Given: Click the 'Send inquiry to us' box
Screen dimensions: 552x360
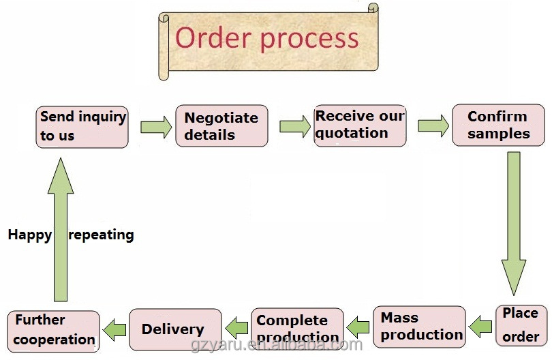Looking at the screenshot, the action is (82, 127).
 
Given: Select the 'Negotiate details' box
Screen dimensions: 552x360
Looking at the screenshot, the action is (221, 125).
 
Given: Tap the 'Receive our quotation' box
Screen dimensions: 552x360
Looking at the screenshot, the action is (360, 125).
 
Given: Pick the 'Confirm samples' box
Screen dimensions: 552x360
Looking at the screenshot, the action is (498, 125).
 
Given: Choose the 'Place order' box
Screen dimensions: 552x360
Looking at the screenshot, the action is (521, 326).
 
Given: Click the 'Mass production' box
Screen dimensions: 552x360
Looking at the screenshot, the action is (419, 327).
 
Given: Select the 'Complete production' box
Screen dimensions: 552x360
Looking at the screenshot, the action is (298, 329).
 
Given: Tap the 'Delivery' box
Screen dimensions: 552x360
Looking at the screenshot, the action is (176, 330).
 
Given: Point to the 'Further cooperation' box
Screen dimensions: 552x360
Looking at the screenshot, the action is (54, 331).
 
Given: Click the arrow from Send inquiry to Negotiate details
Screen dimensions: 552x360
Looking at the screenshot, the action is (156, 127).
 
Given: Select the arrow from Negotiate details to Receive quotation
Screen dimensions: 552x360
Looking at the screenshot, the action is (295, 126).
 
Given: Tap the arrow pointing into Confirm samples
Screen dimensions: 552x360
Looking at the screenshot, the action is (433, 125).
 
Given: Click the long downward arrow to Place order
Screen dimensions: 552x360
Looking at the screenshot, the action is (514, 224).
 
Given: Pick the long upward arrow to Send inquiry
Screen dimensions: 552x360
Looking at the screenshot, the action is (61, 230).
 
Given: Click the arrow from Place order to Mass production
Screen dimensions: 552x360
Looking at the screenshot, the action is (480, 327).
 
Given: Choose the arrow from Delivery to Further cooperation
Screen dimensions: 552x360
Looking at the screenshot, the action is (114, 330).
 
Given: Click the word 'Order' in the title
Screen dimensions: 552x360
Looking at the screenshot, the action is (213, 37).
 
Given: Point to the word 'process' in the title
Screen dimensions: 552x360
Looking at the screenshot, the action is (309, 40).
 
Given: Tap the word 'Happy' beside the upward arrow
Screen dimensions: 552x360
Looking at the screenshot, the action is (30, 235).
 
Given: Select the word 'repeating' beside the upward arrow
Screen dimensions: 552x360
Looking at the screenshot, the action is (102, 235).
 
